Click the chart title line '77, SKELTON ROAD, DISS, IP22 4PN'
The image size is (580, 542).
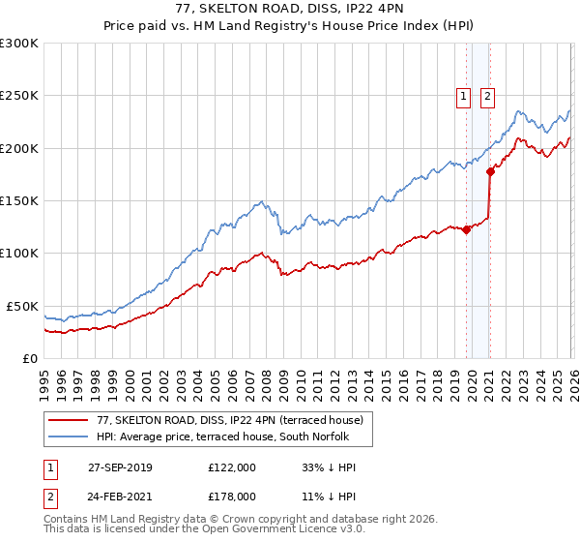coord(289,9)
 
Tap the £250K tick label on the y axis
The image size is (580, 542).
coord(19,96)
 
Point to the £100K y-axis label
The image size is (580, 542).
coord(19,253)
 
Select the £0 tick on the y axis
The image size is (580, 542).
coord(29,358)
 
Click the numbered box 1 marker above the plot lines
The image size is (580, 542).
coord(463,96)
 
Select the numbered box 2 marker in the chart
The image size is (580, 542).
coord(486,96)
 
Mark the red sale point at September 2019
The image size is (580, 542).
coord(466,229)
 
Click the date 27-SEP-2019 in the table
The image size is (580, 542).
coord(125,467)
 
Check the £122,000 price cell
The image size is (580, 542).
coord(232,467)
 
